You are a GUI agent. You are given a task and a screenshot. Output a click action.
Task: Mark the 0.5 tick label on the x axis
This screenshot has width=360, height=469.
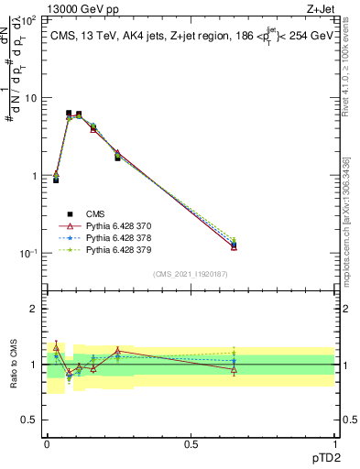pyautogui.click(x=191, y=443)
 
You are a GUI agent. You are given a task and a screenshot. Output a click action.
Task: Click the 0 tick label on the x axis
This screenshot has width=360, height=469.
pyautogui.click(x=46, y=443)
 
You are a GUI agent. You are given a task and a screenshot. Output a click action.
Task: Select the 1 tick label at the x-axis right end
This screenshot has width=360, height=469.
pyautogui.click(x=334, y=443)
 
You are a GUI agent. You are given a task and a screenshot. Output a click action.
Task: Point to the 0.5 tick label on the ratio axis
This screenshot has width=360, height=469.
pyautogui.click(x=30, y=420)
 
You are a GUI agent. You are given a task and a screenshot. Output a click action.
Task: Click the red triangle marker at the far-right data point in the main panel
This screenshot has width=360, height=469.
pyautogui.click(x=235, y=246)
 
